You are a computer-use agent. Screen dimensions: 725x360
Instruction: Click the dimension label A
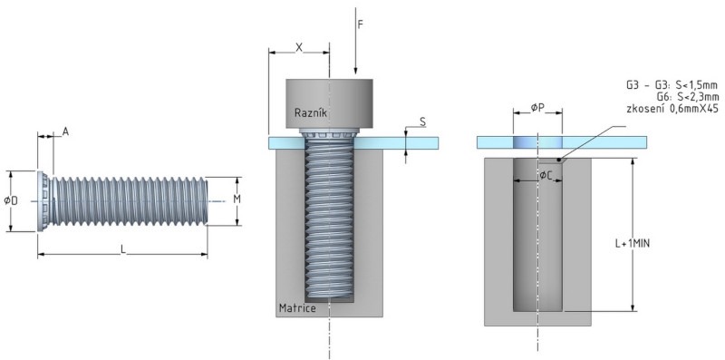[65, 131]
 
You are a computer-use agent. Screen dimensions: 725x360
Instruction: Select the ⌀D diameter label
[11, 200]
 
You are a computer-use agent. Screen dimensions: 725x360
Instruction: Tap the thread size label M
[237, 199]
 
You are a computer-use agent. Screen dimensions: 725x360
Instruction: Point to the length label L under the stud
[123, 249]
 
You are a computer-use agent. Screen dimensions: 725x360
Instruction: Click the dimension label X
[299, 47]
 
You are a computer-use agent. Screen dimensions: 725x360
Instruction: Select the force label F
[360, 24]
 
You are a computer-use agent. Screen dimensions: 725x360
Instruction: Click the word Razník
[310, 112]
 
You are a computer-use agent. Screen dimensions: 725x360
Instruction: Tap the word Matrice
[297, 308]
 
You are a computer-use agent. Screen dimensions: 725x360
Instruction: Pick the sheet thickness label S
[422, 122]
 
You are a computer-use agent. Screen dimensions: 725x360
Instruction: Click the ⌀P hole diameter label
[537, 107]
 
